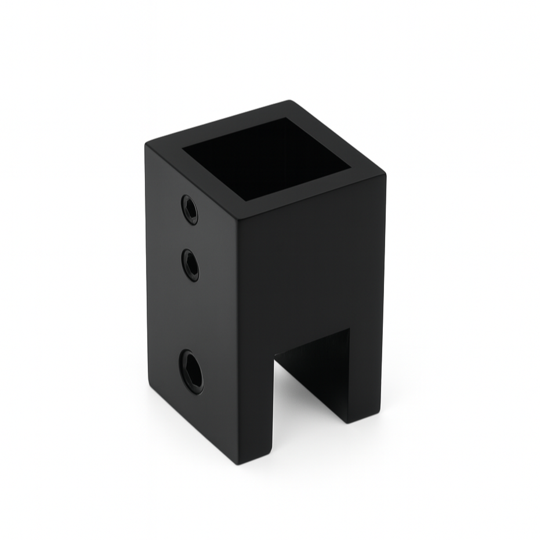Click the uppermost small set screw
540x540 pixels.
click(x=190, y=209)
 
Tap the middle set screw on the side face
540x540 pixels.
click(x=190, y=265)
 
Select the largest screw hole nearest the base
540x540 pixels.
click(x=191, y=372)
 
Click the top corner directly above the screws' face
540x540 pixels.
click(x=146, y=143)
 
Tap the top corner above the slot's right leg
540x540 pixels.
click(x=385, y=174)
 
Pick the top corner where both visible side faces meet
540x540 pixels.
click(x=238, y=219)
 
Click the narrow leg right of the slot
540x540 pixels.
click(x=365, y=371)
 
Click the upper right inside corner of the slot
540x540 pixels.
click(x=349, y=329)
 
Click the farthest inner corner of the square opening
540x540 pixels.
click(x=284, y=119)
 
